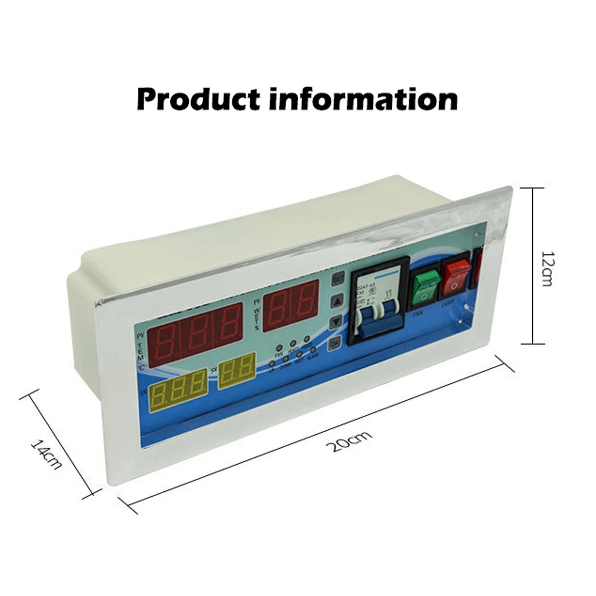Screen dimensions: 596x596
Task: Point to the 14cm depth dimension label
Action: (45, 455)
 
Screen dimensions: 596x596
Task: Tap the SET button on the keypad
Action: (338, 278)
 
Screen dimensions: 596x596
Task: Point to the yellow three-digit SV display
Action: (178, 391)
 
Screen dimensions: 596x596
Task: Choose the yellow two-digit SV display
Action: (236, 371)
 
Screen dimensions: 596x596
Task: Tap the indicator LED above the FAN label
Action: (279, 348)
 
